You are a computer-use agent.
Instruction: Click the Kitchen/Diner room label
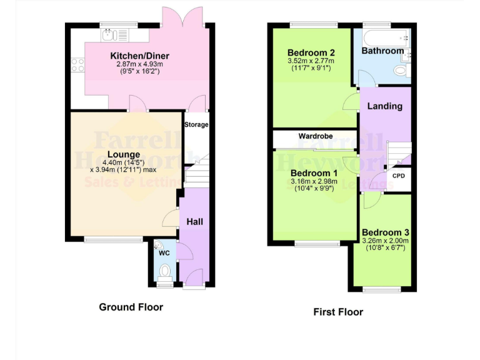pyautogui.click(x=140, y=56)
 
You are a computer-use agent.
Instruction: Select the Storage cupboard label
pyautogui.click(x=196, y=124)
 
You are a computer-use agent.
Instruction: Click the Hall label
pyautogui.click(x=195, y=221)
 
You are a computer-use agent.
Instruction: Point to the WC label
pyautogui.click(x=164, y=253)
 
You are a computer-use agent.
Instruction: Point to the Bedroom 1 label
pyautogui.click(x=314, y=173)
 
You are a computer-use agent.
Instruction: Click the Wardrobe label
pyautogui.click(x=315, y=136)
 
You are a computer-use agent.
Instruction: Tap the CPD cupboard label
pyautogui.click(x=398, y=176)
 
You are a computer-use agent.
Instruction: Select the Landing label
pyautogui.click(x=384, y=106)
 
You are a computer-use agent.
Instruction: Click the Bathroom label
pyautogui.click(x=382, y=51)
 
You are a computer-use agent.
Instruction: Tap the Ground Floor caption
pyautogui.click(x=131, y=307)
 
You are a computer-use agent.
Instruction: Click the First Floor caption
pyautogui.click(x=338, y=312)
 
